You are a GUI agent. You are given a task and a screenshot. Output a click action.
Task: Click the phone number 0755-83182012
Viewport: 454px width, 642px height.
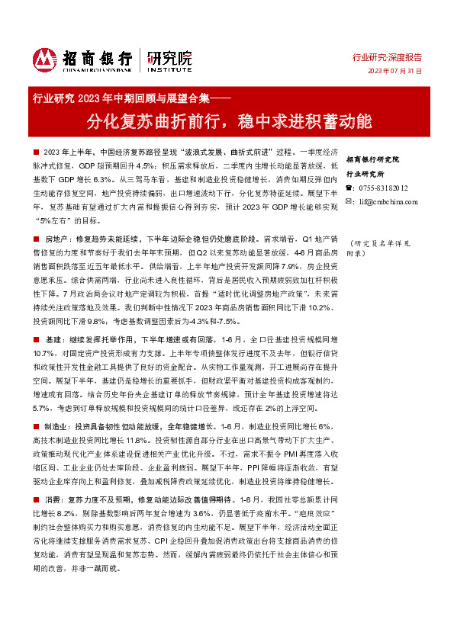point(382,188)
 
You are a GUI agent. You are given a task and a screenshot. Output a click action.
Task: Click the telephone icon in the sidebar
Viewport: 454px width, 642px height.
point(349,188)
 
